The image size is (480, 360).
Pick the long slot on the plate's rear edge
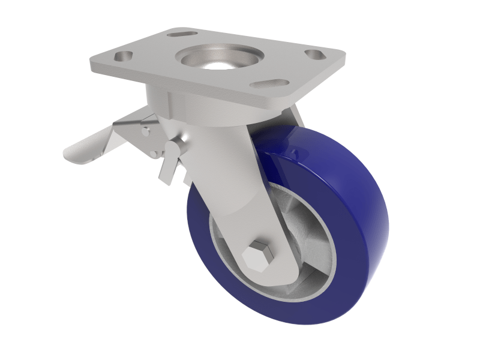click(183, 34)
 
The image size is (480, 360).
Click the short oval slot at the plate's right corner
click(314, 55)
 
